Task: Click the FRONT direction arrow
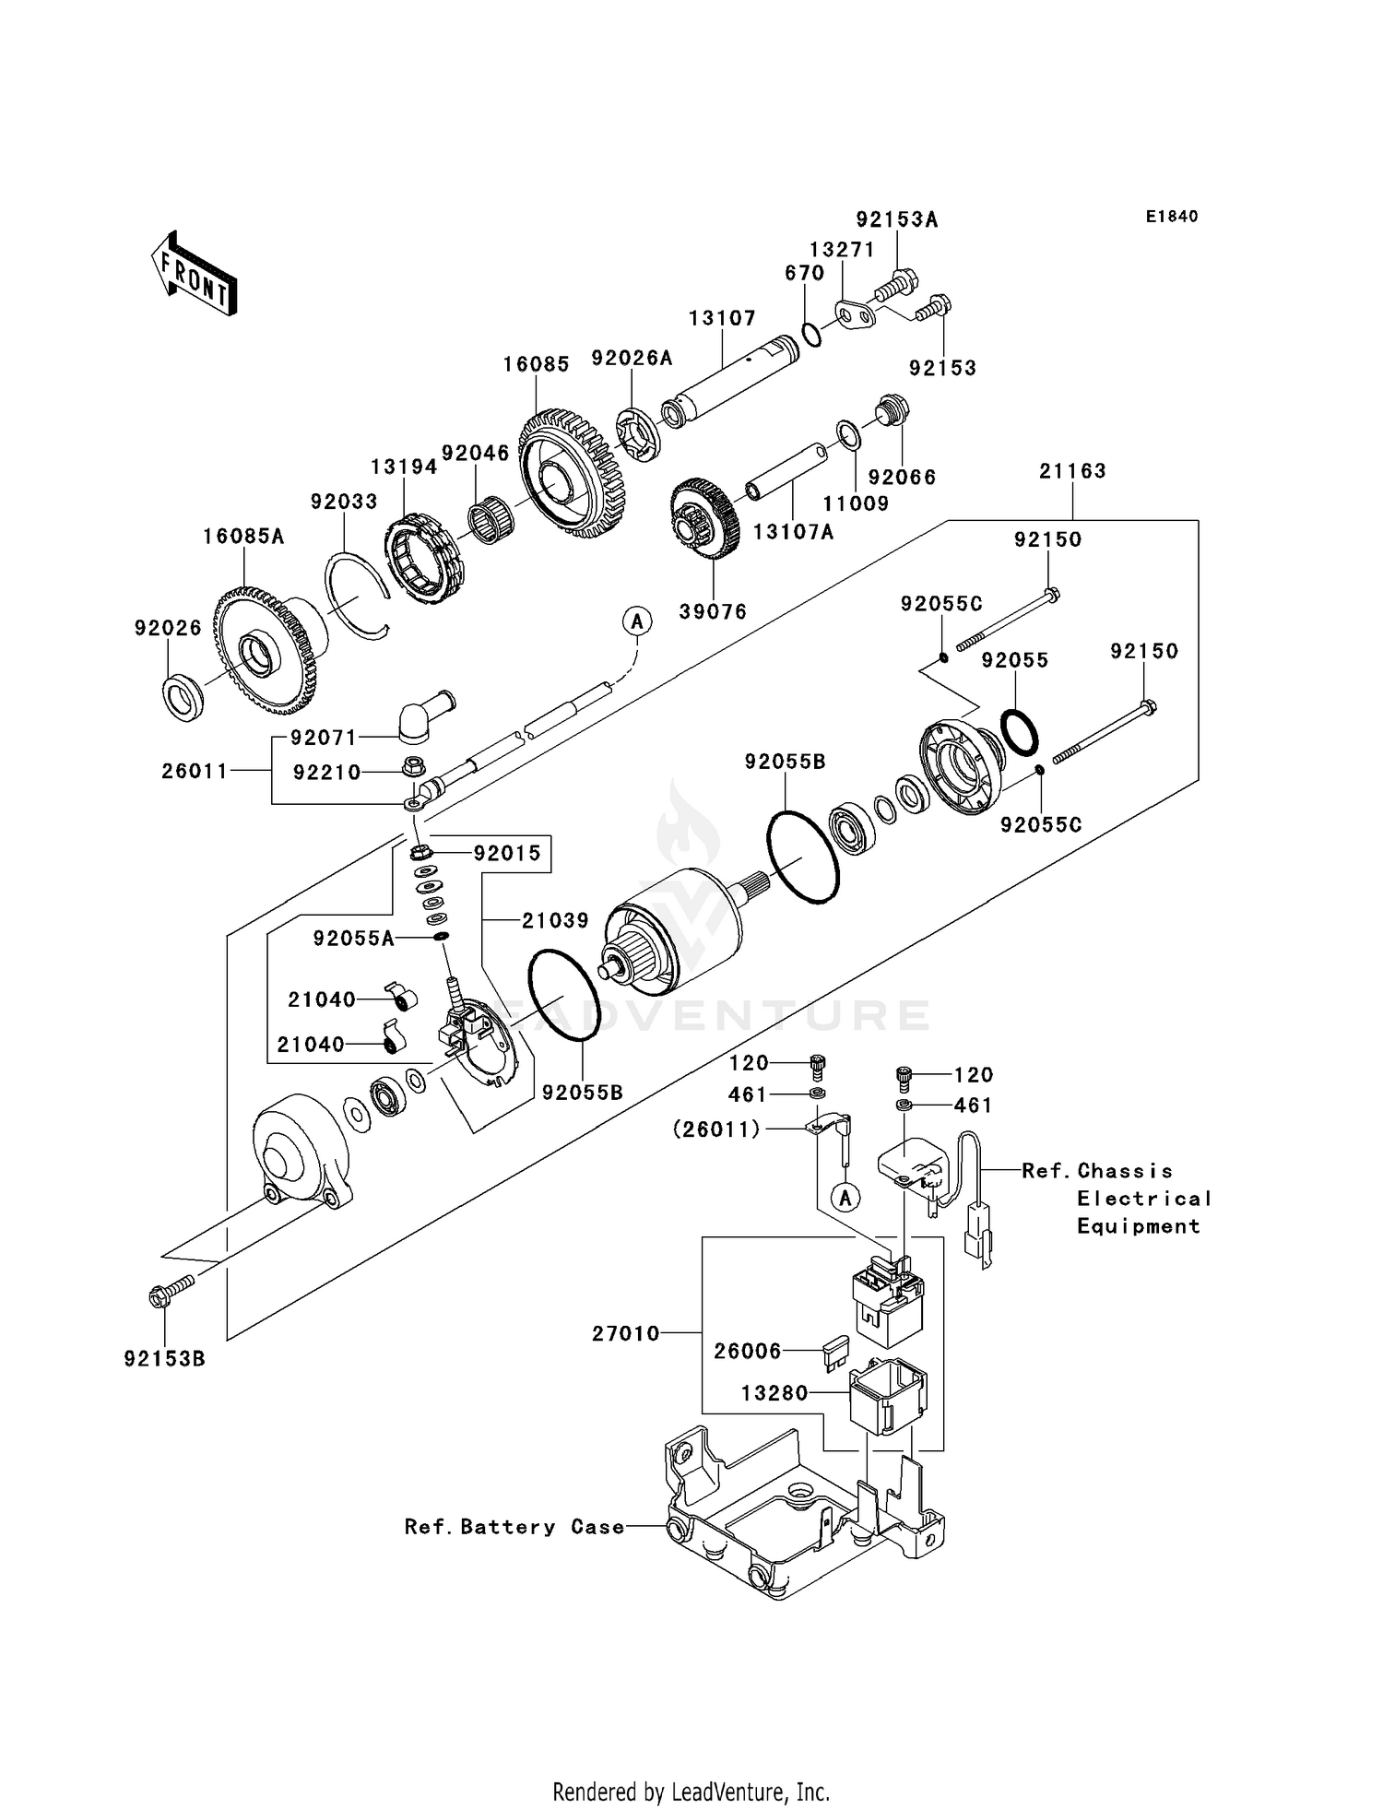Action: tap(195, 274)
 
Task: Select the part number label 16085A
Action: tap(243, 537)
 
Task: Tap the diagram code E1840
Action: tap(1172, 217)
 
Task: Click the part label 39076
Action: tap(713, 611)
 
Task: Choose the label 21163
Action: tap(1072, 471)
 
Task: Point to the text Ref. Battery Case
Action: tap(514, 1527)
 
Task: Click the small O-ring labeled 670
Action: tap(811, 334)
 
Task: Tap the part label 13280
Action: tap(774, 1393)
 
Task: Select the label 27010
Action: tap(626, 1333)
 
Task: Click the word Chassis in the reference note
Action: tap(1125, 1171)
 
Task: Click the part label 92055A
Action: tap(354, 939)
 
